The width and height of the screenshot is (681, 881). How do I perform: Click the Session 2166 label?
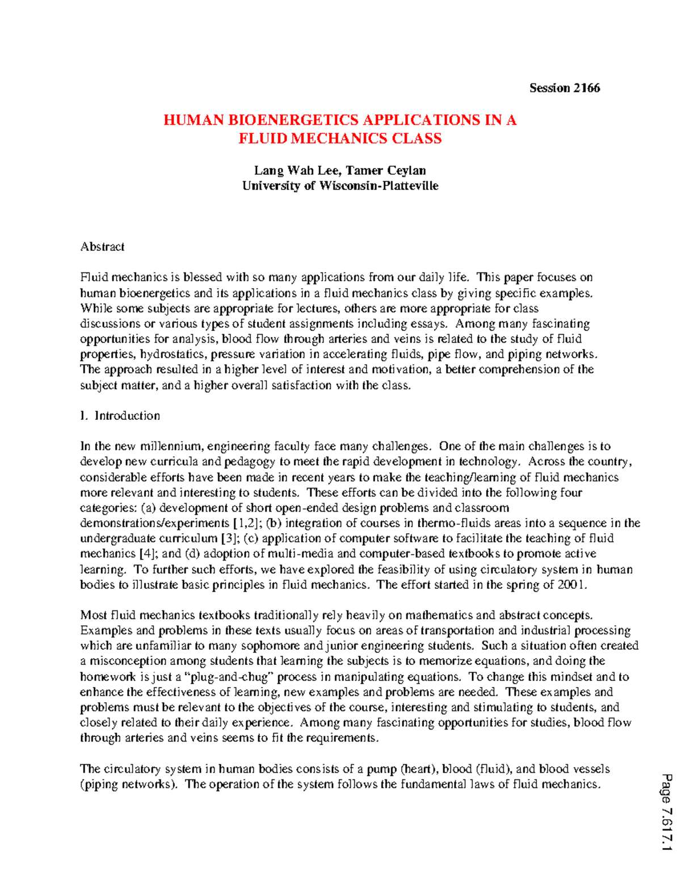(x=564, y=88)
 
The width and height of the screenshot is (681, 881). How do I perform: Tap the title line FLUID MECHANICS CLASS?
(x=340, y=138)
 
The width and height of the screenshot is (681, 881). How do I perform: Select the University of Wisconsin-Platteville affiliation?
(x=340, y=186)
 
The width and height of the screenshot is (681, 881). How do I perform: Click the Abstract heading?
(x=102, y=247)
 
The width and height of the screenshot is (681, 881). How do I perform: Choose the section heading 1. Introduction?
(x=120, y=416)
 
